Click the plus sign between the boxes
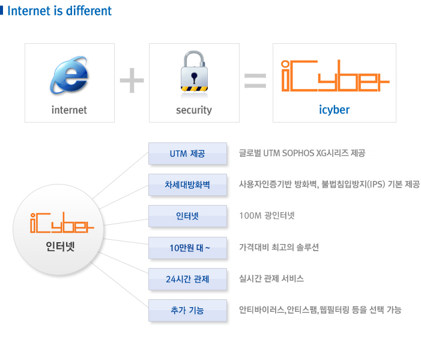click(x=132, y=82)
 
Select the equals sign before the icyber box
click(x=255, y=82)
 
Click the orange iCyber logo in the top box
click(x=334, y=77)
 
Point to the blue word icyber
click(x=334, y=110)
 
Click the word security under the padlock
click(x=194, y=110)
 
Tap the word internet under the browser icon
click(x=69, y=110)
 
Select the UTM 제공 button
click(x=187, y=153)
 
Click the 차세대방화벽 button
click(x=187, y=185)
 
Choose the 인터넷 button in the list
click(x=187, y=216)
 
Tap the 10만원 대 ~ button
click(x=187, y=247)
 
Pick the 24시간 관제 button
click(x=187, y=278)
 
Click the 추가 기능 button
click(x=187, y=310)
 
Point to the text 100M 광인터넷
click(x=267, y=215)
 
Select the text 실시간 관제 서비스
click(x=271, y=278)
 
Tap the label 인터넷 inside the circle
click(x=60, y=246)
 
